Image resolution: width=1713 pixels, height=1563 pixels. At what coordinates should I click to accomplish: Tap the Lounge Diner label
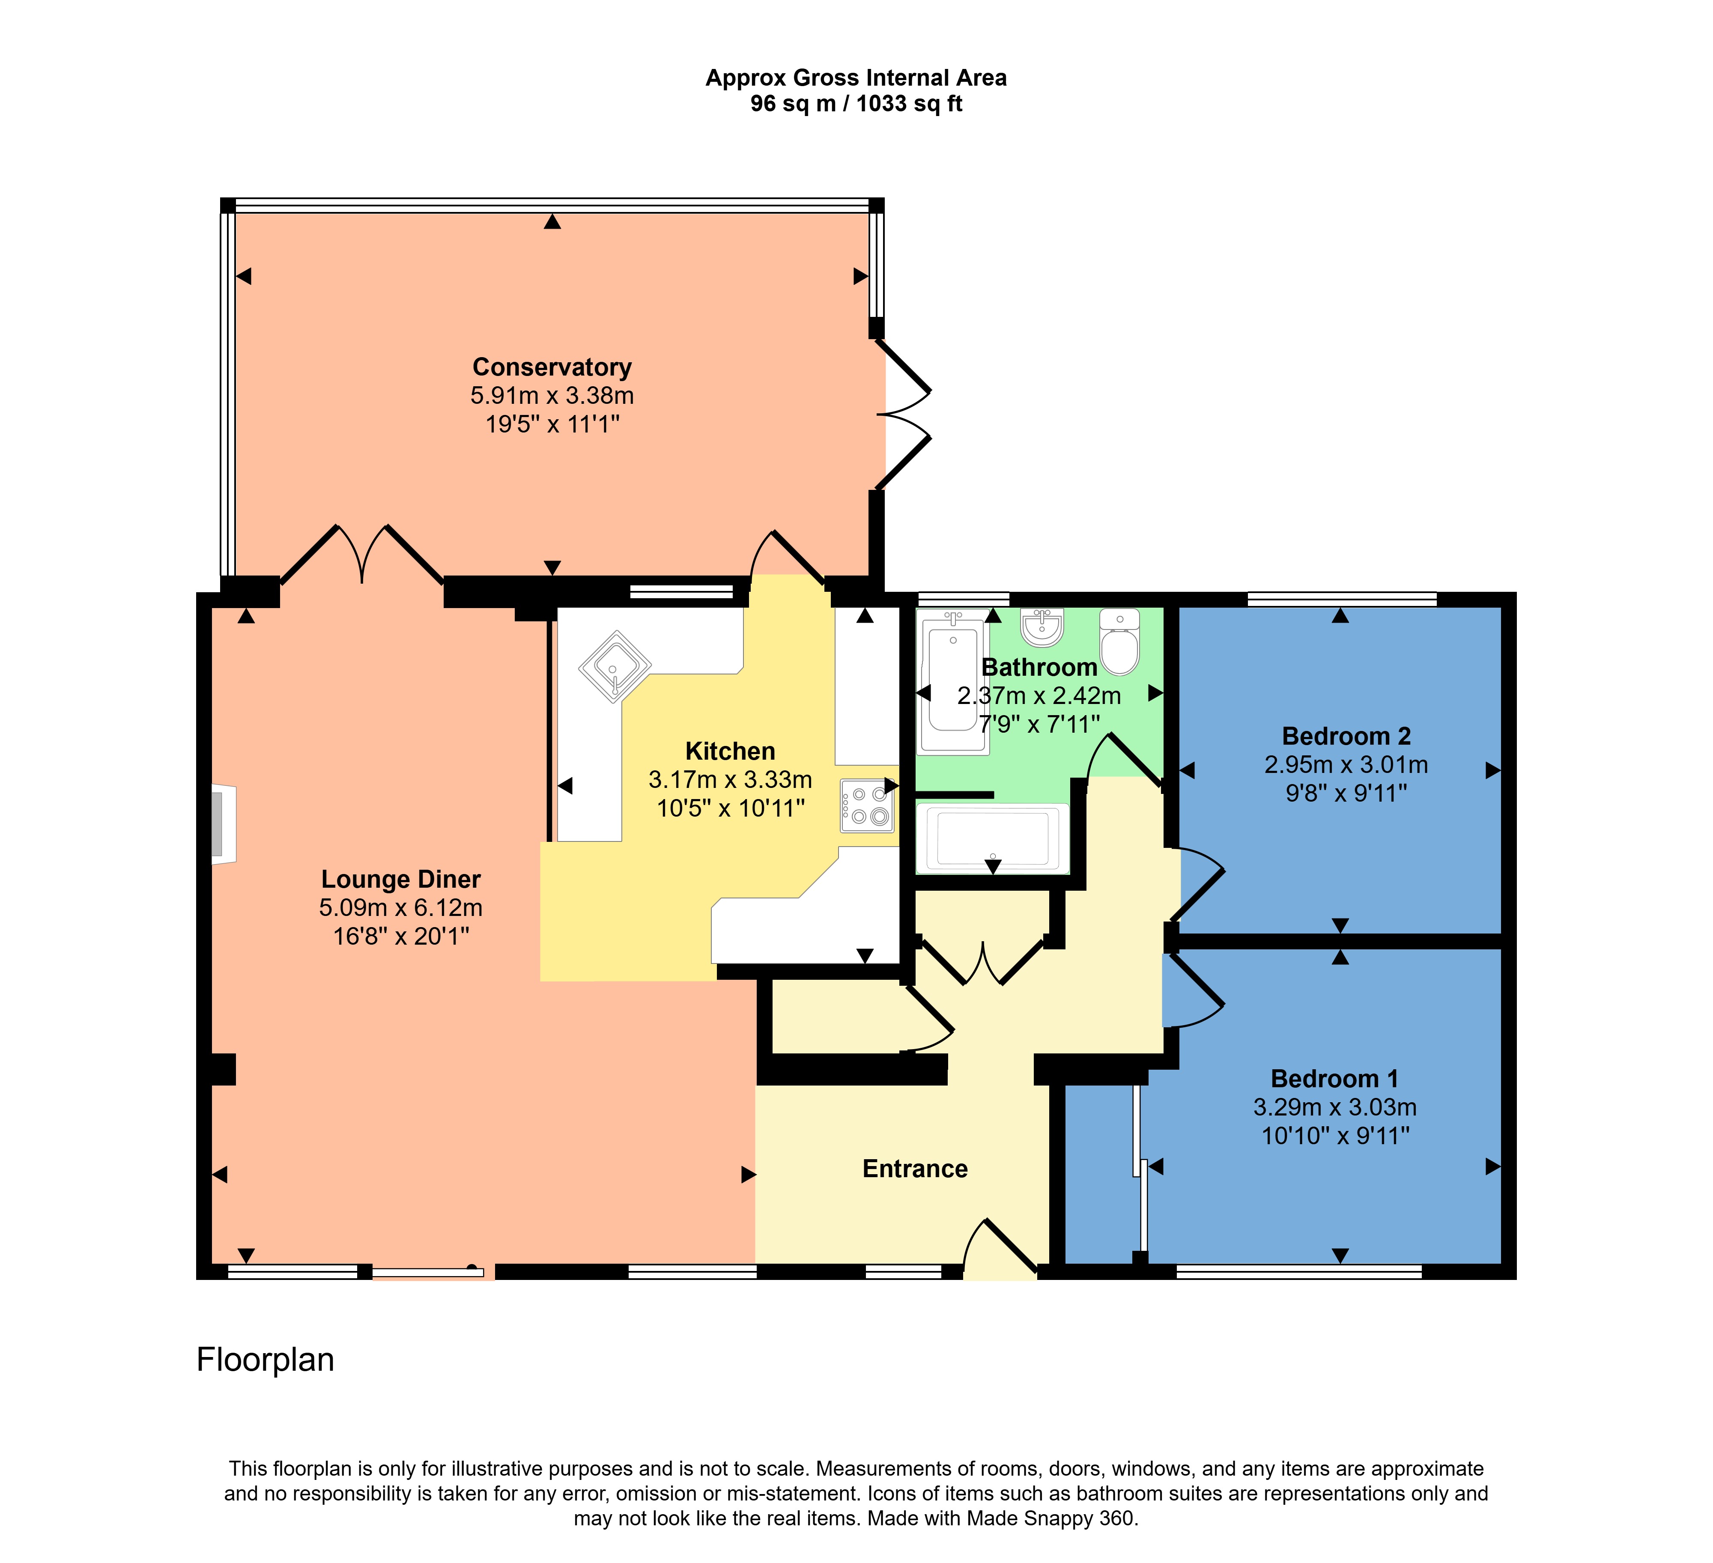click(401, 879)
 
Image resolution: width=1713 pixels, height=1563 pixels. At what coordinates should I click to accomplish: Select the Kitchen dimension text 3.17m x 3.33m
click(730, 779)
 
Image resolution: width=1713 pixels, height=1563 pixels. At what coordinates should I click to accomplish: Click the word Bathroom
click(1039, 668)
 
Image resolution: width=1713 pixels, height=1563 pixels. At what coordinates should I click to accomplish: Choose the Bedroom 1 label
click(1334, 1079)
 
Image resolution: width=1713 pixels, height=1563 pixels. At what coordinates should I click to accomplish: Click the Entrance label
click(915, 1169)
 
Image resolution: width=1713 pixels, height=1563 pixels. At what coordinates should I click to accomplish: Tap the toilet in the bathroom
click(1120, 641)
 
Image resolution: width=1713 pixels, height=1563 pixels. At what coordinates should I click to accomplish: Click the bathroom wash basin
click(1042, 627)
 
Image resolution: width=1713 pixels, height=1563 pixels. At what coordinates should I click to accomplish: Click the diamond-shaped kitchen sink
click(615, 666)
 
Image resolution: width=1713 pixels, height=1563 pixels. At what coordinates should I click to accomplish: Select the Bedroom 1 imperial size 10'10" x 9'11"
click(1335, 1136)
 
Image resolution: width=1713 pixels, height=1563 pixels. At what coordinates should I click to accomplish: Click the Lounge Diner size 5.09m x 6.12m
click(401, 907)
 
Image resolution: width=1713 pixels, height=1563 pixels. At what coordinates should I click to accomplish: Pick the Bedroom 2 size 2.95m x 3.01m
click(1346, 764)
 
